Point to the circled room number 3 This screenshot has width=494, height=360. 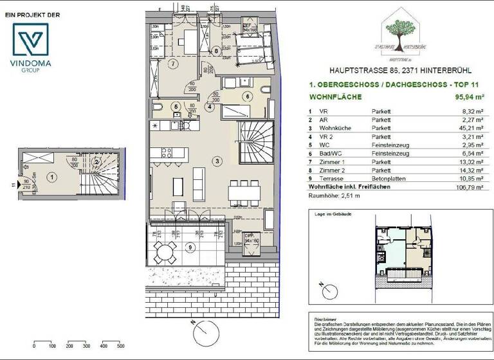[218, 160]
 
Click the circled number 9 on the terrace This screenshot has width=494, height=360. [188, 246]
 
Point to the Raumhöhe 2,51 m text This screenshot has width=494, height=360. [334, 194]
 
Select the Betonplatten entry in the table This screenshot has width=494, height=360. [390, 179]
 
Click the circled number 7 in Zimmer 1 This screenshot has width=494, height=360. [172, 64]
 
